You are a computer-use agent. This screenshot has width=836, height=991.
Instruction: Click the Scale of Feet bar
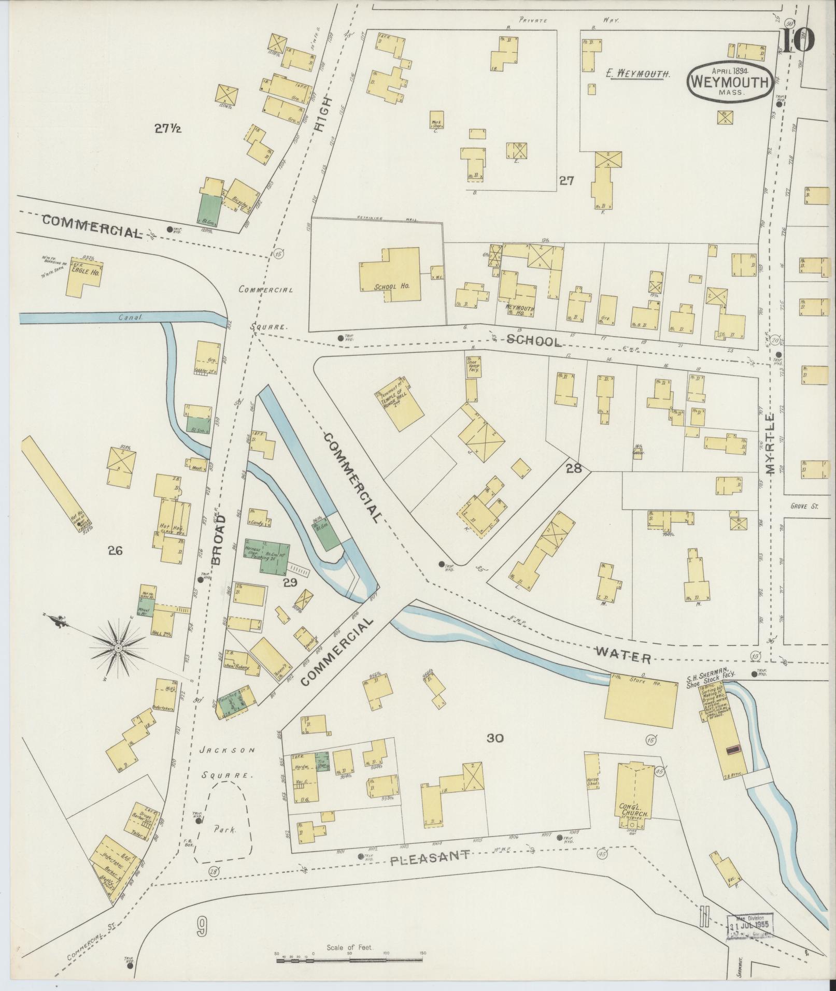click(351, 960)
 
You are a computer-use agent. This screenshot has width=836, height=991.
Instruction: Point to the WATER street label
click(622, 655)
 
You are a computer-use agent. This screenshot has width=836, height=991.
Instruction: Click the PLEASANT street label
click(430, 859)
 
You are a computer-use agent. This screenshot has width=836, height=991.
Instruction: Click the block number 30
click(495, 738)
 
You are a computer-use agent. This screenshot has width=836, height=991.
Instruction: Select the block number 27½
click(167, 129)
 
